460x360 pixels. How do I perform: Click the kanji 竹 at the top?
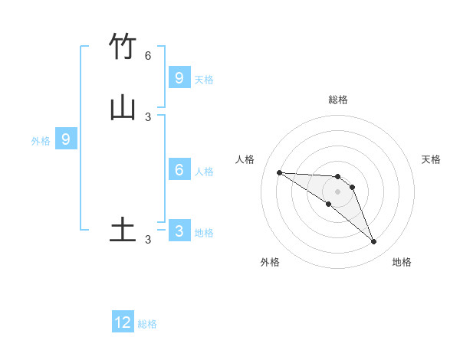click(x=123, y=47)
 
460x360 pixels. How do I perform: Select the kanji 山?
click(x=123, y=107)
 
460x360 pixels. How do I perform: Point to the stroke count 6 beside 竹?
click(x=148, y=56)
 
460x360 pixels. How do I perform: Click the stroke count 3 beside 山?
click(x=148, y=116)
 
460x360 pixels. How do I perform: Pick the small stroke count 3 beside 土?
click(x=148, y=240)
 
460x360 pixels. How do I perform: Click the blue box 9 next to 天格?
click(x=179, y=77)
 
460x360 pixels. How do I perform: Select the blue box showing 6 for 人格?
click(x=179, y=170)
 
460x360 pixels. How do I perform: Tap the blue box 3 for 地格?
click(x=179, y=231)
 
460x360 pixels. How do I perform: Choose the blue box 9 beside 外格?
click(x=66, y=139)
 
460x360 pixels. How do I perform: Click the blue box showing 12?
click(x=123, y=322)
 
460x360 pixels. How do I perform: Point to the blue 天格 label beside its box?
click(x=204, y=79)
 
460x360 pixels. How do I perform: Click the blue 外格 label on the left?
click(x=41, y=141)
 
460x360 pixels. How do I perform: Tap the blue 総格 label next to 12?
click(x=147, y=324)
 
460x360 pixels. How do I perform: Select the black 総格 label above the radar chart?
click(x=338, y=100)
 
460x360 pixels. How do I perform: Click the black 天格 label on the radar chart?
click(x=432, y=159)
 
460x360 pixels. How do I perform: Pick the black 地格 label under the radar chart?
click(x=402, y=262)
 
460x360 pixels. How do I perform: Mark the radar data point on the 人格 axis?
click(x=279, y=172)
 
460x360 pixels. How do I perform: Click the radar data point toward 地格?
click(x=374, y=242)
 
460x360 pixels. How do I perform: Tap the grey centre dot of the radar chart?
click(x=338, y=191)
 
